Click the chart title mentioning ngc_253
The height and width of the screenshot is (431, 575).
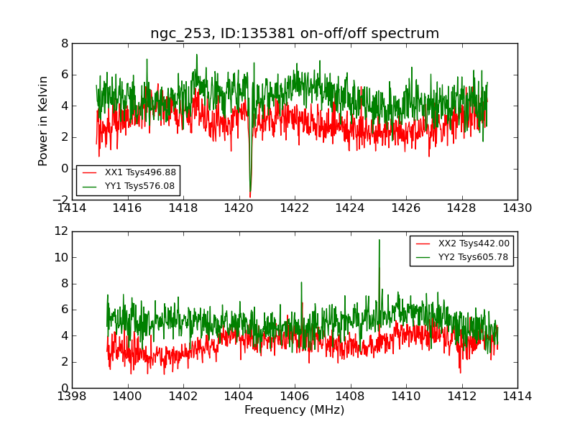pos(295,34)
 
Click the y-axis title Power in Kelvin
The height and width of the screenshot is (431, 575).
pos(44,121)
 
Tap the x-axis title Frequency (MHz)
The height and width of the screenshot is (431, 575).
pos(295,410)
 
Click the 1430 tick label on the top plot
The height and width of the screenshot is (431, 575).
pos(517,208)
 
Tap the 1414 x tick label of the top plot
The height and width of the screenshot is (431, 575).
pos(72,208)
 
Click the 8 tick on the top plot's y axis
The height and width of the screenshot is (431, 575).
pos(65,43)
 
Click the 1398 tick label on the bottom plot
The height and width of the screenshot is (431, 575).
pos(72,396)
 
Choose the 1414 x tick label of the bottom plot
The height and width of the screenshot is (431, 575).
pos(517,396)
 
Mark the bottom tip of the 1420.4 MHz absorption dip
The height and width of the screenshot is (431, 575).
pos(250,197)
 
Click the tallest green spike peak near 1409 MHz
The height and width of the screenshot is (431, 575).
pos(379,240)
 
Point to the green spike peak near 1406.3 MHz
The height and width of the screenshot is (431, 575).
pos(301,282)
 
